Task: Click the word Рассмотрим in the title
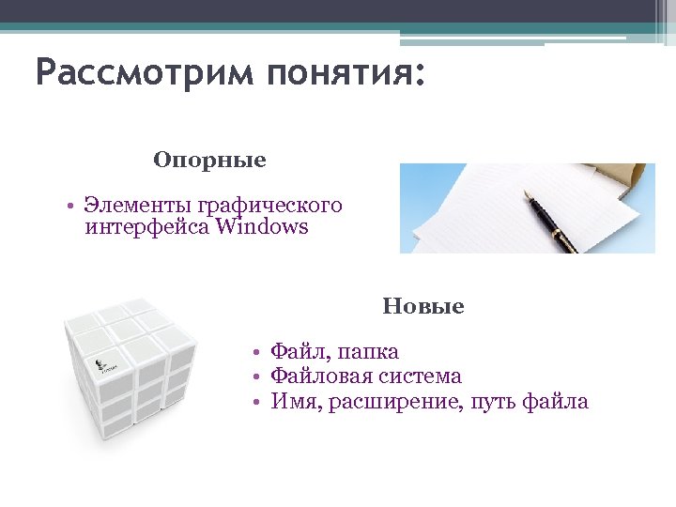[144, 73]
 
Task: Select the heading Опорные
[209, 161]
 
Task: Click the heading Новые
[422, 307]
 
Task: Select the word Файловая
[315, 376]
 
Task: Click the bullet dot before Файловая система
[254, 377]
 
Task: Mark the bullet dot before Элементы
[70, 206]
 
